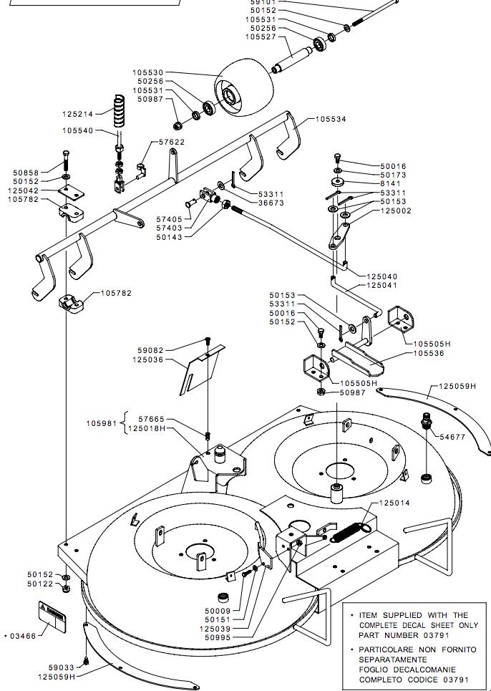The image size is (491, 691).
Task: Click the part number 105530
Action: (147, 72)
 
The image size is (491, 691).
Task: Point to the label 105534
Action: (331, 119)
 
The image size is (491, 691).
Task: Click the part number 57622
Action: (172, 142)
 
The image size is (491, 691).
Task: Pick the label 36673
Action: (251, 203)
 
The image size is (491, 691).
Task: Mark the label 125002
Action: (397, 211)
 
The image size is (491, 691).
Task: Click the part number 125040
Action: (382, 276)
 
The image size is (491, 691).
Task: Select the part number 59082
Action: (151, 350)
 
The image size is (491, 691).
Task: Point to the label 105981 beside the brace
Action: (102, 423)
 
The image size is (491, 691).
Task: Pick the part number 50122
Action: (40, 584)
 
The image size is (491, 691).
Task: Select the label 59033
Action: (61, 667)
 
